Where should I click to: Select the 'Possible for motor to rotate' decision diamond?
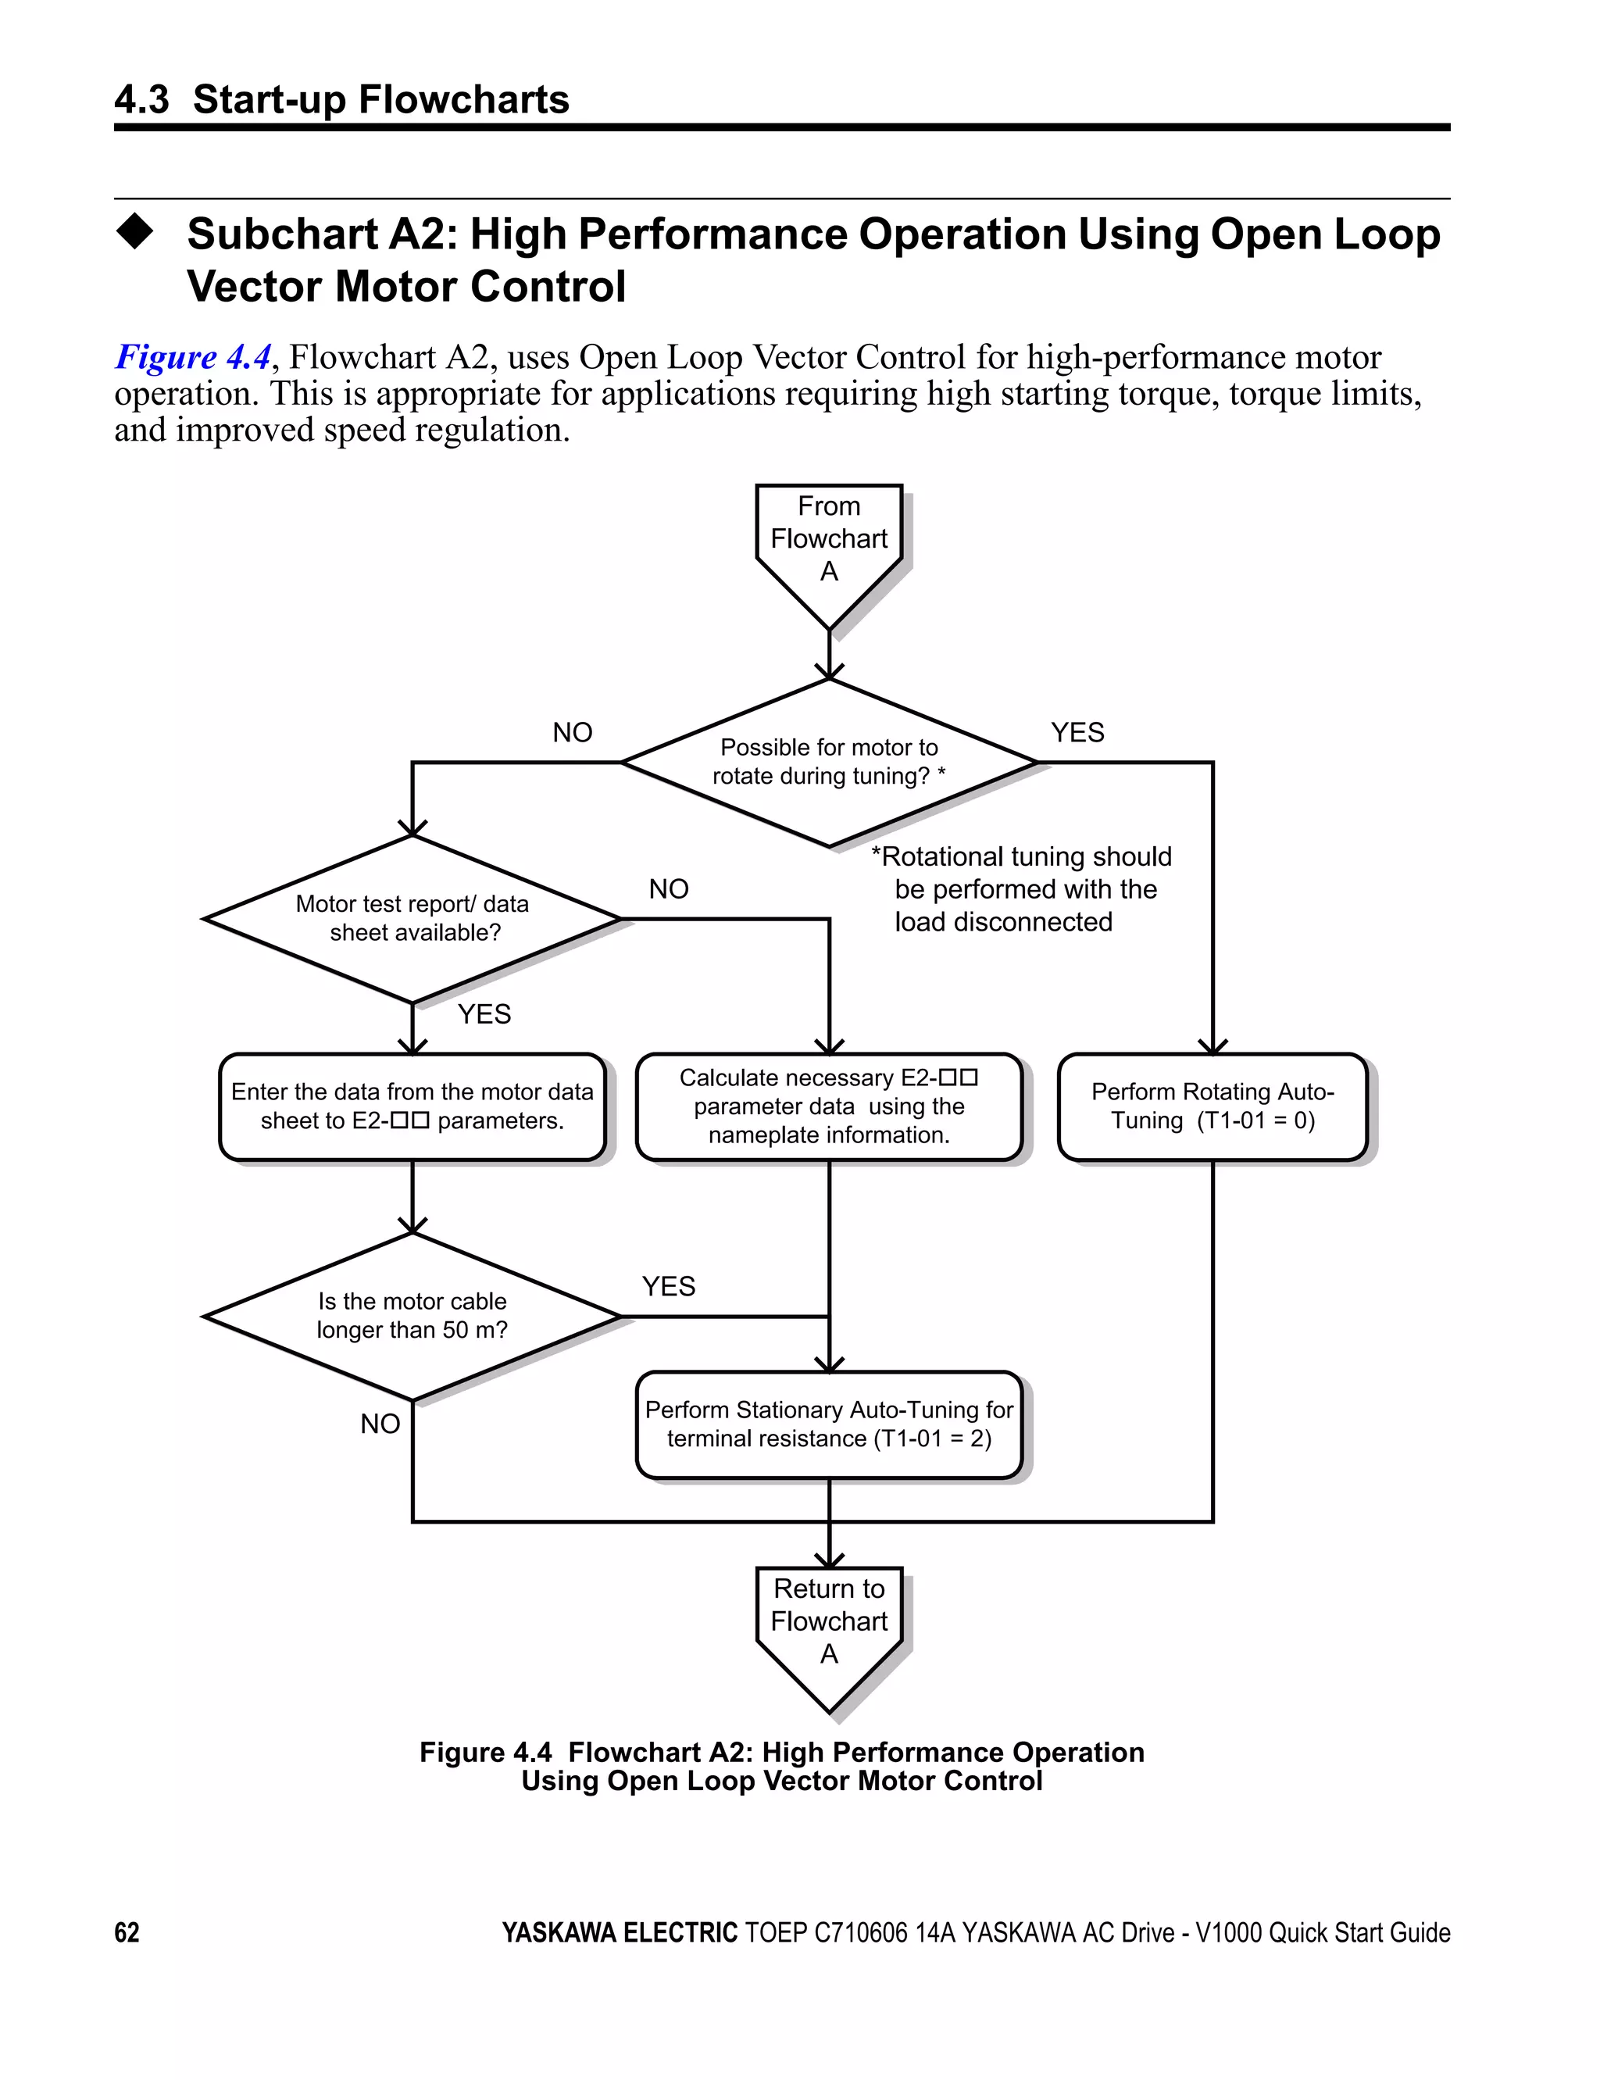click(829, 762)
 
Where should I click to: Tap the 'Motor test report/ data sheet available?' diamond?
click(412, 918)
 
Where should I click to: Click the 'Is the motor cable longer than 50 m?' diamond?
click(412, 1315)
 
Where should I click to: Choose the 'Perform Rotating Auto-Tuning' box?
click(1212, 1106)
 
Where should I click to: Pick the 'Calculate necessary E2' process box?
click(829, 1106)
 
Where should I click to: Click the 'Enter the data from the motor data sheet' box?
click(412, 1106)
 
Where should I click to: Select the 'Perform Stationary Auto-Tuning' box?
click(829, 1424)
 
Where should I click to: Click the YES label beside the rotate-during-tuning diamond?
click(1077, 732)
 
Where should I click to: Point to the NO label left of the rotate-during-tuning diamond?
click(573, 732)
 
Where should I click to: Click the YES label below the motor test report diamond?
click(484, 1014)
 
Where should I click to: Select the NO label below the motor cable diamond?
click(380, 1424)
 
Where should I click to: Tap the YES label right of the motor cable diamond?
click(669, 1287)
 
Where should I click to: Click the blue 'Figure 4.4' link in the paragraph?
click(193, 357)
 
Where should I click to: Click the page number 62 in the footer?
click(127, 1932)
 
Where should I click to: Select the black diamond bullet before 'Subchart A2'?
click(134, 231)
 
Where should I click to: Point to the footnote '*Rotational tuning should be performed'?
click(1021, 888)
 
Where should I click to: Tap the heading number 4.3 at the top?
click(142, 100)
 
